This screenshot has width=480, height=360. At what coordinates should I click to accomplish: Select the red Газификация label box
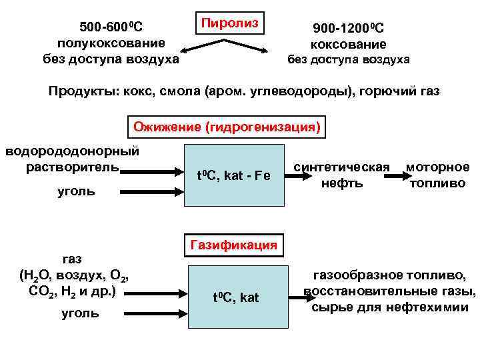[233, 245]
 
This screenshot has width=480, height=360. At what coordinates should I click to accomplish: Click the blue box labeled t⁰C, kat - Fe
[233, 176]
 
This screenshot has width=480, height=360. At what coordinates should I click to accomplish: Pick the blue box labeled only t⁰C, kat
[236, 297]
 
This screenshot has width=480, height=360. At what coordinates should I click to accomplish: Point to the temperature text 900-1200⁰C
[348, 28]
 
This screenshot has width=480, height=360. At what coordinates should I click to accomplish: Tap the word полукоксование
[111, 43]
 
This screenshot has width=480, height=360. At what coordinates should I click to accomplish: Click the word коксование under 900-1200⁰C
[348, 45]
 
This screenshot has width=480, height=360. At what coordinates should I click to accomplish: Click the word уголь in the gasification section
[80, 313]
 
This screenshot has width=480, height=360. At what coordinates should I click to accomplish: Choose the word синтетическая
[342, 167]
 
